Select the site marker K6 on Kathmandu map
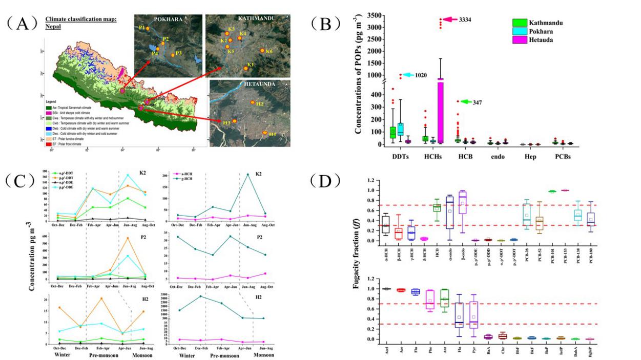(262, 51)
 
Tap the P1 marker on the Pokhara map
(148, 29)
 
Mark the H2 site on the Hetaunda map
(253, 102)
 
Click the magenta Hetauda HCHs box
(441, 110)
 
